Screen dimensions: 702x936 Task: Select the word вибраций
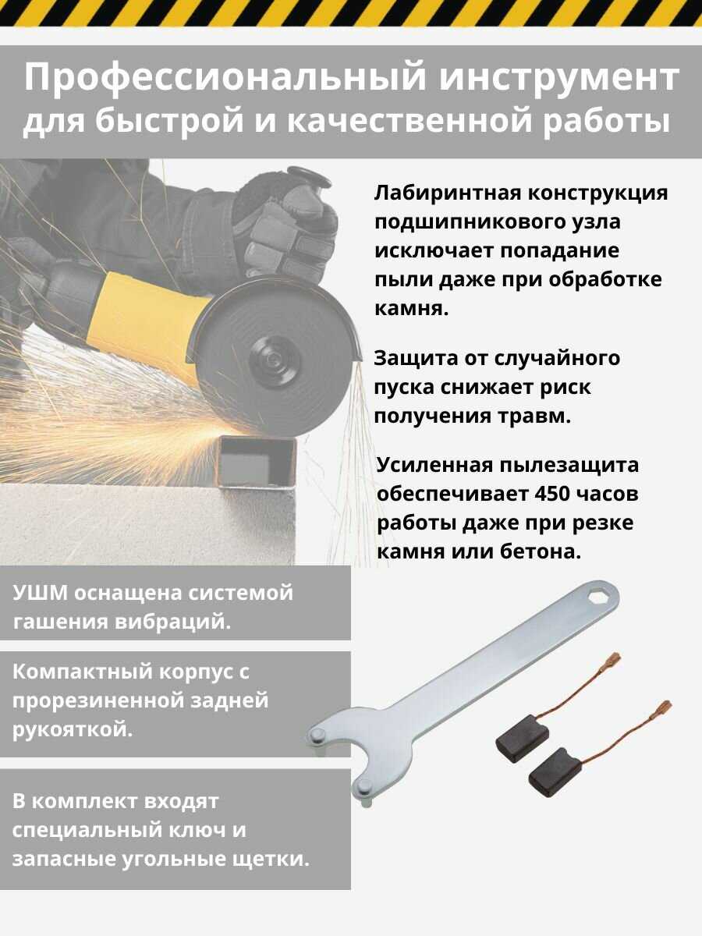coord(173,622)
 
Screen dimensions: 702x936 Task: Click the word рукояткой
coord(73,731)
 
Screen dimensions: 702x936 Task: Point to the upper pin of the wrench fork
coord(317,735)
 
